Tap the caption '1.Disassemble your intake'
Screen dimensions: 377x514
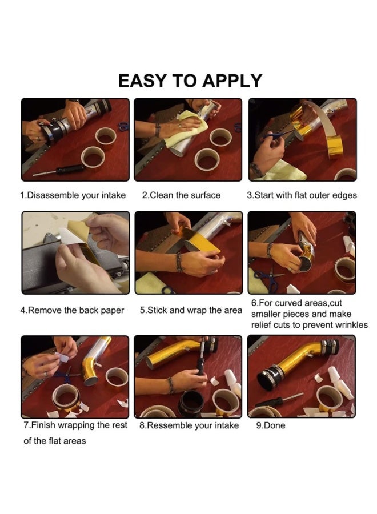73,195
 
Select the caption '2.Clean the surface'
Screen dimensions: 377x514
181,195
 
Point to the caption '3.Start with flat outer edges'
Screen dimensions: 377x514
302,195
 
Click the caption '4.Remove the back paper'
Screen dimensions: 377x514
72,310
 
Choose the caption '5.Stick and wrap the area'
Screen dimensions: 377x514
191,310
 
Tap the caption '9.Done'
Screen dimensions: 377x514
270,425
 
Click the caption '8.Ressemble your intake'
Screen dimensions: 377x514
189,425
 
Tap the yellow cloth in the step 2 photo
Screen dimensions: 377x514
186,130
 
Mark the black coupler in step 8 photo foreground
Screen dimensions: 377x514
190,403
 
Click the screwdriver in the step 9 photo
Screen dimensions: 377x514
279,400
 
